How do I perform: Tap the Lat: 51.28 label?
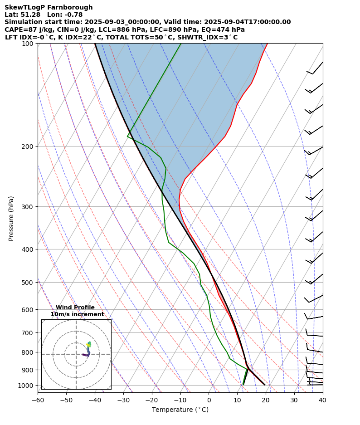pyautogui.click(x=22, y=15)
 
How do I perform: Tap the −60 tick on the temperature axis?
pyautogui.click(x=38, y=401)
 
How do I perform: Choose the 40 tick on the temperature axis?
pyautogui.click(x=322, y=401)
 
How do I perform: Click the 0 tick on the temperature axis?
pyautogui.click(x=209, y=401)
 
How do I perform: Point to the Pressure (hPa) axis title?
pyautogui.click(x=11, y=218)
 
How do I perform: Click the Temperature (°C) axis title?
pyautogui.click(x=180, y=410)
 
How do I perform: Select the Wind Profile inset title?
pyautogui.click(x=75, y=308)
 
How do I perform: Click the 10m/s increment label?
pyautogui.click(x=77, y=314)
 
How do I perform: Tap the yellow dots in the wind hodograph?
pyautogui.click(x=88, y=345)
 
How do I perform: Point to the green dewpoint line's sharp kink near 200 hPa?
pyautogui.click(x=128, y=136)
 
